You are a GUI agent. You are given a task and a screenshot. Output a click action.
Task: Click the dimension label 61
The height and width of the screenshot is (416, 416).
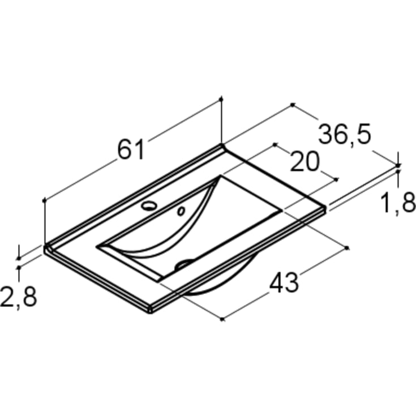click(131, 149)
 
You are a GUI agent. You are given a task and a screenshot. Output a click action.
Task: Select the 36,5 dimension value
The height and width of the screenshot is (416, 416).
click(344, 135)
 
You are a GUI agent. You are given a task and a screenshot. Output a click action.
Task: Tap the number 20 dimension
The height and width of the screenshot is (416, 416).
click(305, 161)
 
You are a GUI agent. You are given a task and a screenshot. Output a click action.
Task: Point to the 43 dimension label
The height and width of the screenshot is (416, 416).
click(284, 283)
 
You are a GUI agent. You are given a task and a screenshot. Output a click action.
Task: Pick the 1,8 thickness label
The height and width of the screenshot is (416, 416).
click(397, 203)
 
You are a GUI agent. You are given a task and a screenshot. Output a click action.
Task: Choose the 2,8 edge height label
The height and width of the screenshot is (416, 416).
click(18, 297)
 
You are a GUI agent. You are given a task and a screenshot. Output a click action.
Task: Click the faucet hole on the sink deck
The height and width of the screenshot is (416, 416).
click(149, 205)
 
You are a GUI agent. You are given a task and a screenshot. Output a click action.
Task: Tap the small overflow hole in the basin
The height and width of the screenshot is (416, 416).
click(181, 211)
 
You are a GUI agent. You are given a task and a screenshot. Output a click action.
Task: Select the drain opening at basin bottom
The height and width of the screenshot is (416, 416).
click(185, 263)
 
